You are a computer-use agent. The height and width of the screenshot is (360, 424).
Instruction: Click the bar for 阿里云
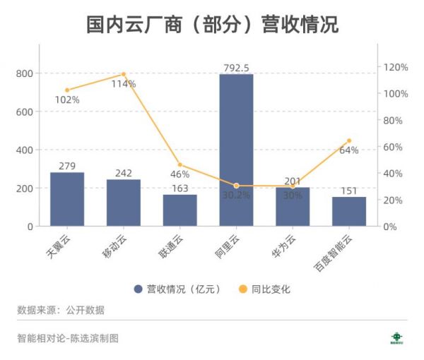[x=236, y=150]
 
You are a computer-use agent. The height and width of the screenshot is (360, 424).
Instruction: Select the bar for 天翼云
[x=67, y=199]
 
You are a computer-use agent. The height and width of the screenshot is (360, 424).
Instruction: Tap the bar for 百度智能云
[x=349, y=211]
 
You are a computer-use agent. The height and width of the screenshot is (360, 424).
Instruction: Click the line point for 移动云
[x=124, y=74]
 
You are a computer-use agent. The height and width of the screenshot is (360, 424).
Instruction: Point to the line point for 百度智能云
[x=349, y=140]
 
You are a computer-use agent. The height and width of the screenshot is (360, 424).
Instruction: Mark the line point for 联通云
[x=180, y=164]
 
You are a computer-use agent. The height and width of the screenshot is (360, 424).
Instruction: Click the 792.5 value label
[x=235, y=68]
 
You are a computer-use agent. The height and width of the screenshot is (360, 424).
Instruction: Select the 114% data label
[x=124, y=84]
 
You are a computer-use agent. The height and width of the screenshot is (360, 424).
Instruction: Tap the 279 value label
[x=67, y=166]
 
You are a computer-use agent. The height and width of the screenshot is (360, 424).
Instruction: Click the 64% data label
[x=349, y=150]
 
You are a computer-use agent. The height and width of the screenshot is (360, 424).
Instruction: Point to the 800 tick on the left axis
[x=23, y=73]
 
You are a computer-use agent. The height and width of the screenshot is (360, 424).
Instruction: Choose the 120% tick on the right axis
[x=396, y=67]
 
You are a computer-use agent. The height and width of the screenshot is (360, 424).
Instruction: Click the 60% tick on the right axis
[x=393, y=147]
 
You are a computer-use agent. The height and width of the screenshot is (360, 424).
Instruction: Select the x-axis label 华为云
[x=286, y=244]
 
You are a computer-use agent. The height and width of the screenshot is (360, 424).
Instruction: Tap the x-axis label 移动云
[x=117, y=244]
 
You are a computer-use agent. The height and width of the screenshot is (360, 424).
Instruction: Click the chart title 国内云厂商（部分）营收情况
[x=212, y=25]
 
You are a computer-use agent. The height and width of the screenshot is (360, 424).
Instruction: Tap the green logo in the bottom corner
[x=397, y=338]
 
